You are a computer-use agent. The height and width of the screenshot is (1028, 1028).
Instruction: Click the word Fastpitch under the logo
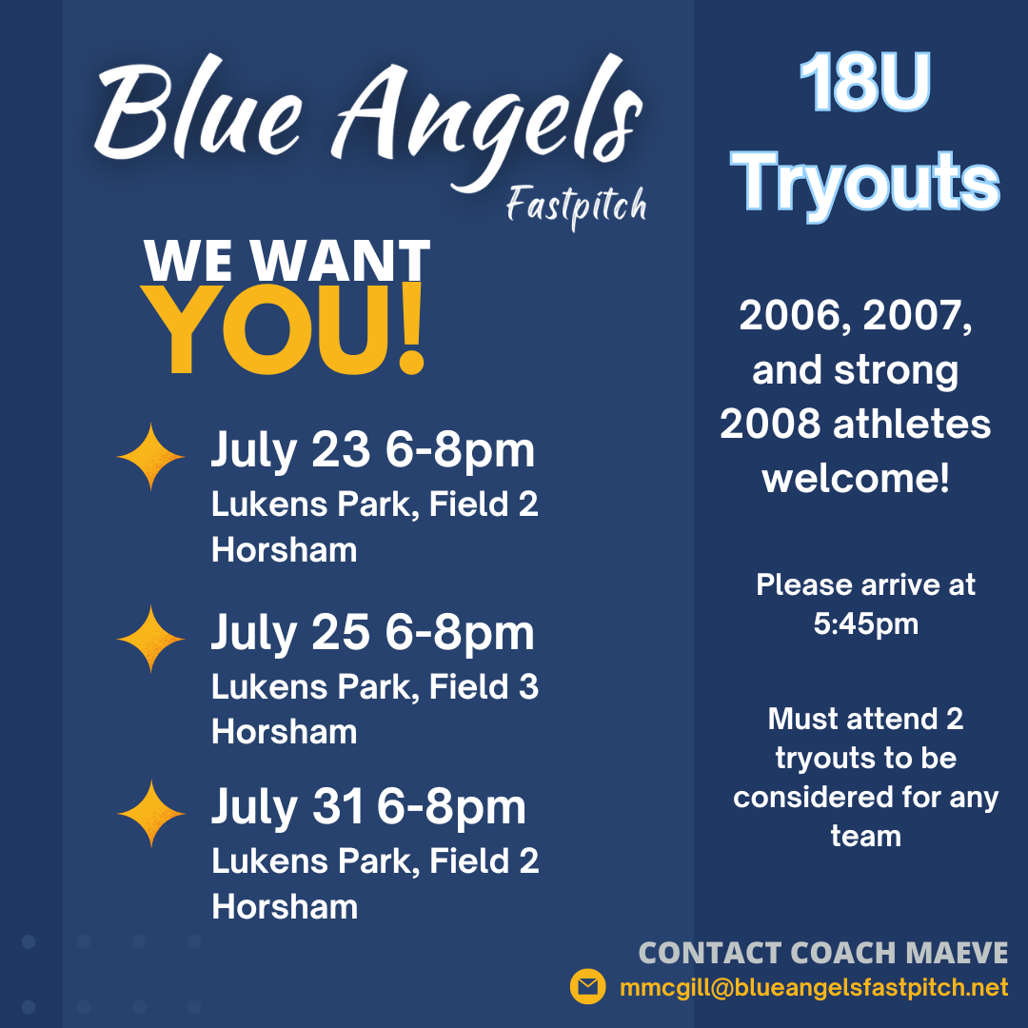click(x=576, y=206)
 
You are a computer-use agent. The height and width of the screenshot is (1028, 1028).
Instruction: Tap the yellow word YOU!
click(x=286, y=330)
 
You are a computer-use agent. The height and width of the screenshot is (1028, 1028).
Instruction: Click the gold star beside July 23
click(x=150, y=458)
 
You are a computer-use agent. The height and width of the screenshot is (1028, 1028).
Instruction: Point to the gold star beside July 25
click(x=150, y=639)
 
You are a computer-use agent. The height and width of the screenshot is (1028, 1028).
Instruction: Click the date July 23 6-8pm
click(x=372, y=450)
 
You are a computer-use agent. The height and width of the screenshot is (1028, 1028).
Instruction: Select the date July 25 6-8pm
click(x=372, y=633)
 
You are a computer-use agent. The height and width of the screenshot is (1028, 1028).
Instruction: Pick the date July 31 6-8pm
click(x=367, y=808)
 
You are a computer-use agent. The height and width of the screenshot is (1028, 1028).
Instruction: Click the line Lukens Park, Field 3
click(x=374, y=686)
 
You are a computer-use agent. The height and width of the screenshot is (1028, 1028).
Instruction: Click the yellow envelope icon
click(x=588, y=987)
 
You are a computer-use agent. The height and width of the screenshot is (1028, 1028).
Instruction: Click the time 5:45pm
click(x=865, y=624)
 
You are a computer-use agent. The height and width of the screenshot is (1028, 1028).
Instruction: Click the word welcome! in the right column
click(x=856, y=478)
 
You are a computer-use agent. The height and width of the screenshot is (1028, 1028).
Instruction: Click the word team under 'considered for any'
click(x=865, y=836)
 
